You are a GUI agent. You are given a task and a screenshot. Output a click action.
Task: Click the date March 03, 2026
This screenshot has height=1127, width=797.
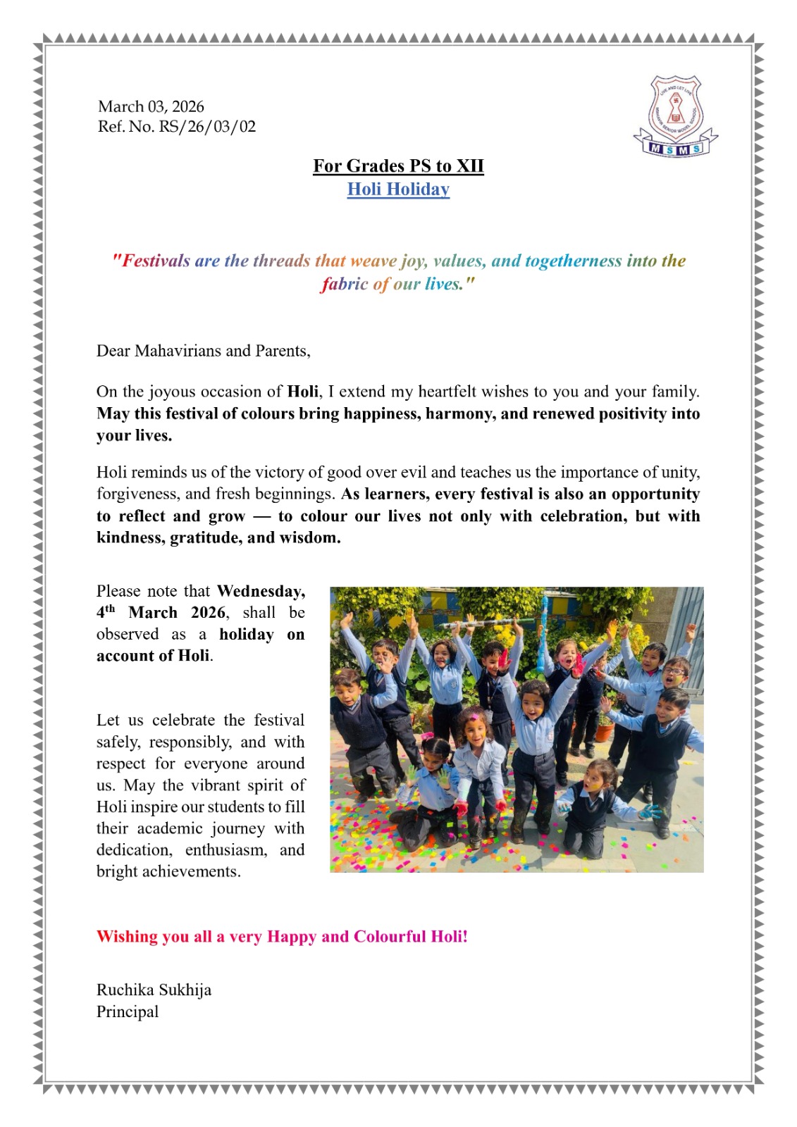pyautogui.click(x=151, y=106)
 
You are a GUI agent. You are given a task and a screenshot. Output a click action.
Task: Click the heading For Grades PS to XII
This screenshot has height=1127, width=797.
pyautogui.click(x=398, y=166)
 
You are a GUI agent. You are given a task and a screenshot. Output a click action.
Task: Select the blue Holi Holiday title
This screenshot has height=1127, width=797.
pyautogui.click(x=398, y=189)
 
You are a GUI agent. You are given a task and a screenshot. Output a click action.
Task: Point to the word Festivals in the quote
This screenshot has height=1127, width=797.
pyautogui.click(x=156, y=261)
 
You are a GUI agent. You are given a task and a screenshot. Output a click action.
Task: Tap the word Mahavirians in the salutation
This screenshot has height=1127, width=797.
pyautogui.click(x=180, y=351)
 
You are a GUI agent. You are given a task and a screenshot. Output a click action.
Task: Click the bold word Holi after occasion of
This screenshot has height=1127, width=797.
pyautogui.click(x=303, y=392)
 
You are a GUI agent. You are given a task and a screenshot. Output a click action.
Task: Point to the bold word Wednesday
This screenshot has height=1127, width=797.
pyautogui.click(x=261, y=591)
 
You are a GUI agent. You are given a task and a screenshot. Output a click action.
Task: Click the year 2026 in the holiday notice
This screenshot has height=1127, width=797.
pyautogui.click(x=208, y=613)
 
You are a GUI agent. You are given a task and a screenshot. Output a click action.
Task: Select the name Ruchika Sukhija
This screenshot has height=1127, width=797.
pyautogui.click(x=154, y=990)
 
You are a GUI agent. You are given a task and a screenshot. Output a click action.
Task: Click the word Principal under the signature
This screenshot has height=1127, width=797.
pyautogui.click(x=128, y=1011)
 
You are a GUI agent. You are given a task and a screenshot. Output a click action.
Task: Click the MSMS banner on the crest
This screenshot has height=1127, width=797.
pyautogui.click(x=675, y=149)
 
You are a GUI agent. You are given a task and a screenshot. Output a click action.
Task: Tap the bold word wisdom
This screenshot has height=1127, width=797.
pyautogui.click(x=309, y=537)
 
